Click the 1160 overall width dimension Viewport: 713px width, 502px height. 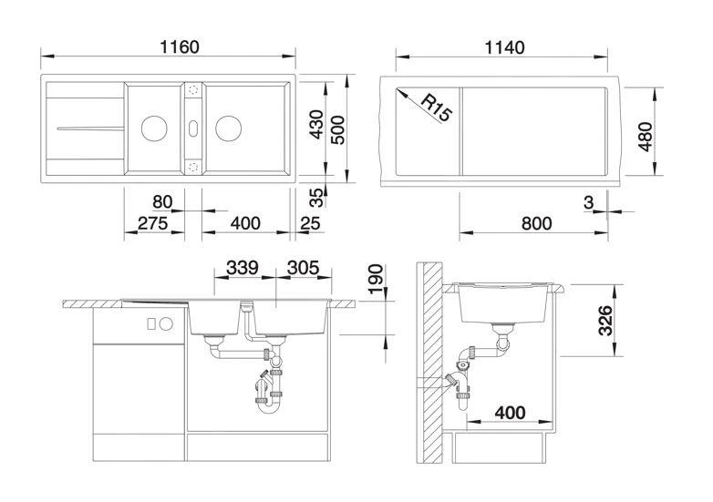[180, 46]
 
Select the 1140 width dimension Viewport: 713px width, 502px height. [505, 47]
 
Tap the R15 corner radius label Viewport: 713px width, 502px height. [435, 108]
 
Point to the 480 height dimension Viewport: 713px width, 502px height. [646, 137]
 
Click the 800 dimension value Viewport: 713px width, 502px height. [536, 223]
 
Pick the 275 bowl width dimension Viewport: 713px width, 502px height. [153, 223]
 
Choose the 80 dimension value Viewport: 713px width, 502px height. [162, 201]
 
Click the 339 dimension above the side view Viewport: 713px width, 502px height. [243, 268]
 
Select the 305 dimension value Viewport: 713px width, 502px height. [303, 268]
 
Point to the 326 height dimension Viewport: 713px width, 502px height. [605, 321]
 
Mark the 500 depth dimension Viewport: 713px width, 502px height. [337, 130]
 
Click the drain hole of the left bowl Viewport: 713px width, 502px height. [154, 128]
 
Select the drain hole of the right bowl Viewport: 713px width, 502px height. [228, 128]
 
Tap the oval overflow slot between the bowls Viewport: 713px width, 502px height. [193, 128]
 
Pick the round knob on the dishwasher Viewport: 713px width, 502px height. [166, 324]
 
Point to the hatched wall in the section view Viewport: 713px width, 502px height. [429, 363]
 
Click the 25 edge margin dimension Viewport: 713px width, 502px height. [311, 223]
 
